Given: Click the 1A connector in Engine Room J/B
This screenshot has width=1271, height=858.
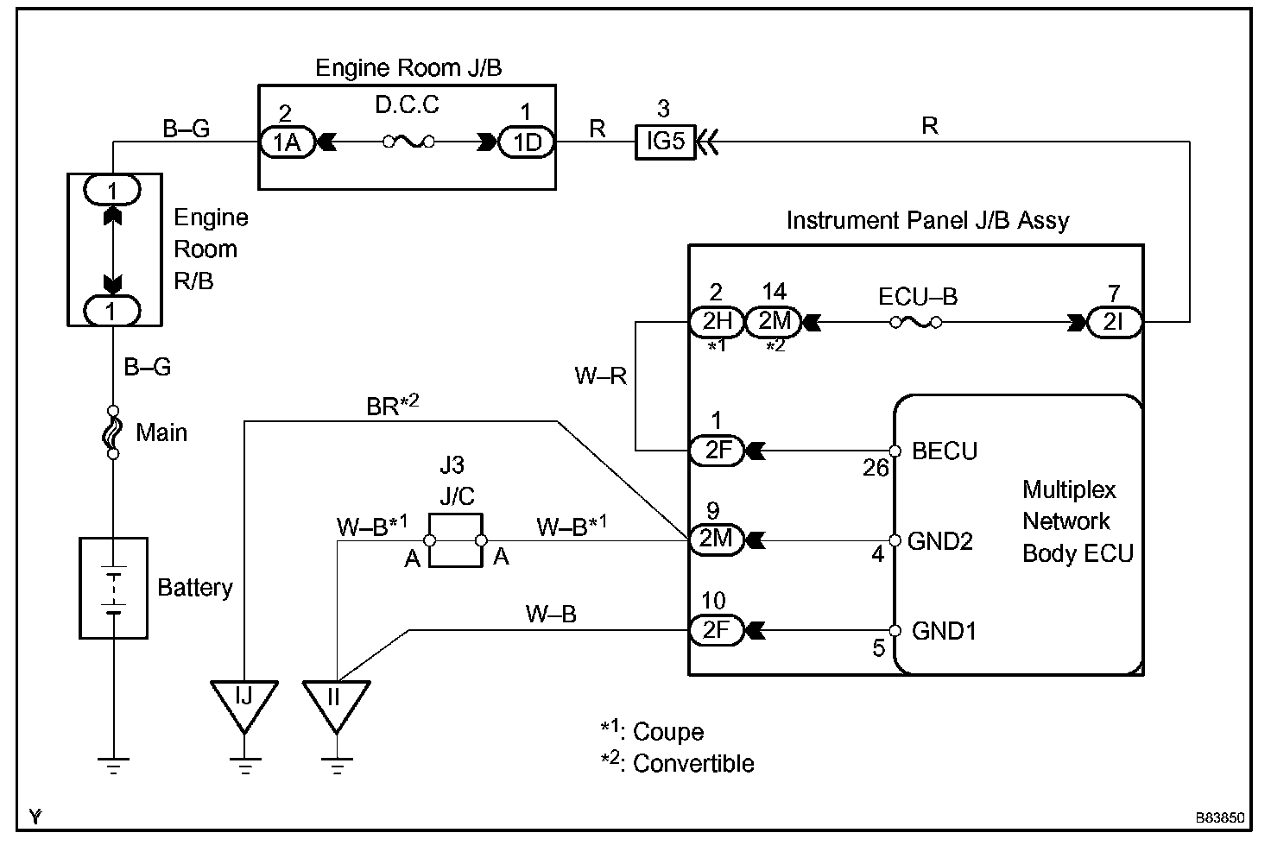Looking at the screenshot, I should tap(287, 142).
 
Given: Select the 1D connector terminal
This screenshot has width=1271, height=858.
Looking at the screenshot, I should tap(526, 142).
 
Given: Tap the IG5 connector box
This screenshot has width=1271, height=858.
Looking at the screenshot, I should tap(665, 141).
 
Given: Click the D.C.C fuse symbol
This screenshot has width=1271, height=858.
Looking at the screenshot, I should tap(408, 142).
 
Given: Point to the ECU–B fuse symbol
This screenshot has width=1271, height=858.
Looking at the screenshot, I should tap(916, 322).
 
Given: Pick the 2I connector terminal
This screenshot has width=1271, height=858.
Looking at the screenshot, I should tap(1115, 322).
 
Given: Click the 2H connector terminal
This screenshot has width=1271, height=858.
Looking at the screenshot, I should tap(716, 322).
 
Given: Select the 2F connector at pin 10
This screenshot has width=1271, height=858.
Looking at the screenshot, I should tap(716, 631).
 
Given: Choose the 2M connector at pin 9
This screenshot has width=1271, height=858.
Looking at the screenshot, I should tap(716, 539).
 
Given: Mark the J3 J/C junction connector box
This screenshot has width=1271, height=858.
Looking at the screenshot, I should tap(456, 541).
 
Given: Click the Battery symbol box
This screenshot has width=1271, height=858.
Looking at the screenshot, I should tap(113, 588).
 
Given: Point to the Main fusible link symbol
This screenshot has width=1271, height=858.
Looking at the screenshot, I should tap(112, 432).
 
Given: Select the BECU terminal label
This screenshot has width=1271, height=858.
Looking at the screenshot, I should tap(945, 451).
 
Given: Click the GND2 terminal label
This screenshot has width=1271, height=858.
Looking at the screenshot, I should tap(940, 541).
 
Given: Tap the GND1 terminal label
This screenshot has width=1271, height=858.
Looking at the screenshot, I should tap(944, 631).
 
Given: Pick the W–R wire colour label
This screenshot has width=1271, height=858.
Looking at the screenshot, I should tap(601, 375).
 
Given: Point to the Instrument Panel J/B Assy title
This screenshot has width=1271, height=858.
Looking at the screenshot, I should tap(927, 221).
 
